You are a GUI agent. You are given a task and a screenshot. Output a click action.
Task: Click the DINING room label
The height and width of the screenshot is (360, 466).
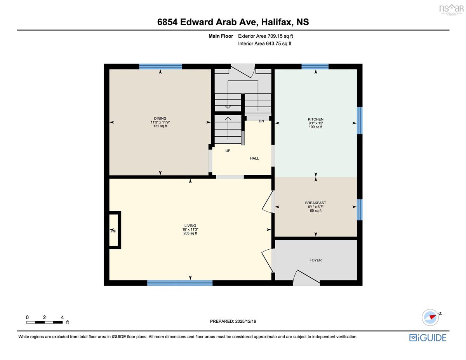click(160, 118)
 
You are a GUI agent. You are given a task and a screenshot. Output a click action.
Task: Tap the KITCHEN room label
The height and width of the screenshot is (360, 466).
click(315, 119)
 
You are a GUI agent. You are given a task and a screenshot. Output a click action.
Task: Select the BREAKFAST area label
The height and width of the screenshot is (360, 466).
click(315, 203)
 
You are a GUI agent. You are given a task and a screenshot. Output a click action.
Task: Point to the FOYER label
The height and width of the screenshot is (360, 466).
click(315, 260)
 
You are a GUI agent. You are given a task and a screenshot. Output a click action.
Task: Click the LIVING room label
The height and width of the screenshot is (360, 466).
click(190, 225)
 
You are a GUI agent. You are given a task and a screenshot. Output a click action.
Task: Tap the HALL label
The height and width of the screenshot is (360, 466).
click(254, 158)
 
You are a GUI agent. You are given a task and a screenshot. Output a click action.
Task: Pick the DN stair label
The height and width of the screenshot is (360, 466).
click(261, 121)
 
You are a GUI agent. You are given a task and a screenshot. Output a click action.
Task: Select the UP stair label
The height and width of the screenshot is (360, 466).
click(228, 151)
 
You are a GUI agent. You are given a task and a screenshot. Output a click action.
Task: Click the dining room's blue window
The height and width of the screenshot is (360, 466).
click(161, 66)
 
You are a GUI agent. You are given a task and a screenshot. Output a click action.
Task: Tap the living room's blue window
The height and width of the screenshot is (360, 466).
click(180, 283)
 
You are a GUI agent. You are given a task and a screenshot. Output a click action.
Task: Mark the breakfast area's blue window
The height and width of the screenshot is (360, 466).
click(360, 210)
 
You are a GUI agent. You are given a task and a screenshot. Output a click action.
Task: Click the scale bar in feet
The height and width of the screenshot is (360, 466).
click(44, 322)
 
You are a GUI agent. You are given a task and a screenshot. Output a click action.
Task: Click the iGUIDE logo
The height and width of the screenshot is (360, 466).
click(428, 338)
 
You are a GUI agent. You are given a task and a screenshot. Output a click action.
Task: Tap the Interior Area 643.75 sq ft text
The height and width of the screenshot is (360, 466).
click(264, 43)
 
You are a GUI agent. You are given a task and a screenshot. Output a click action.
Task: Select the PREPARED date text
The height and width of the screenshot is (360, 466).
click(233, 321)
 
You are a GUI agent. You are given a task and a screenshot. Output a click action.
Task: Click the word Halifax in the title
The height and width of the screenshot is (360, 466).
click(277, 22)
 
